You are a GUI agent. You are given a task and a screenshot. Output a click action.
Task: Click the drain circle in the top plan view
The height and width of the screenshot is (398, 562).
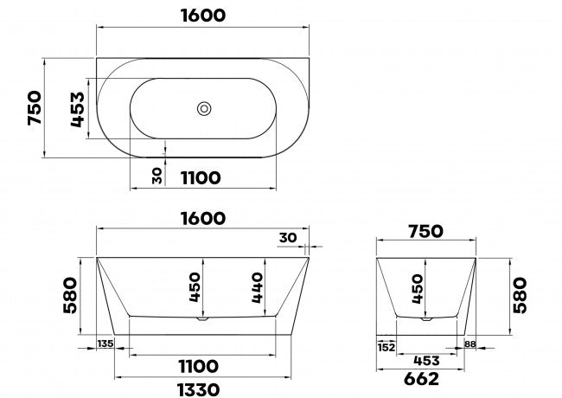point(204,109)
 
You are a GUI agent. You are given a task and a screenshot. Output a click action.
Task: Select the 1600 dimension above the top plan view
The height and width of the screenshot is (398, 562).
point(203,16)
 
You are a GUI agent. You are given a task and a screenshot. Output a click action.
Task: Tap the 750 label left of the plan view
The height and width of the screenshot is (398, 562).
point(35,108)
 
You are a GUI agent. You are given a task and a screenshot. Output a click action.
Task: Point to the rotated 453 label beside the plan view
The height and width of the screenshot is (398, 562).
point(78,109)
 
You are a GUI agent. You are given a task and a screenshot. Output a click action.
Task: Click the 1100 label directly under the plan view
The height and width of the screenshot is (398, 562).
point(201,178)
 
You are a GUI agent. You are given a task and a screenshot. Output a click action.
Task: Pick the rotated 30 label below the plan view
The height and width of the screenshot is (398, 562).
point(157,176)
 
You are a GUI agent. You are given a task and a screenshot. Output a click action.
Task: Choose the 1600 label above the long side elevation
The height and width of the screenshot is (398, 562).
point(203,218)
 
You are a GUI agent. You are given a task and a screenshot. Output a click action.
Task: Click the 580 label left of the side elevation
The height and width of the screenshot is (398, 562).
point(70,295)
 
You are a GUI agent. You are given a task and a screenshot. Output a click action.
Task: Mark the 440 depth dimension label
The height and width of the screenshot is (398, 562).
point(257,287)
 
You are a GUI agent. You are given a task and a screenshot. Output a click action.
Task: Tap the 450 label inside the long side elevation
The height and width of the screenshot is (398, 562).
point(195,287)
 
